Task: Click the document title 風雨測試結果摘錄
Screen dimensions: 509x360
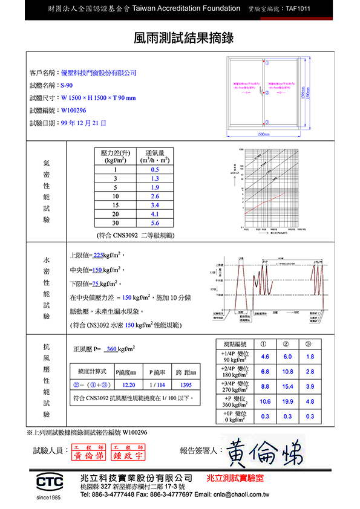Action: [180, 38]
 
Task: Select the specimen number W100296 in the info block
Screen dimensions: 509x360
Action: [74, 110]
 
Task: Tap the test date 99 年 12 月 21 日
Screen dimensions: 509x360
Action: [83, 123]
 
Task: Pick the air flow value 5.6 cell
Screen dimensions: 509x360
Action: [155, 222]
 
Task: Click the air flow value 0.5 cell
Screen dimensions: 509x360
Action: [155, 170]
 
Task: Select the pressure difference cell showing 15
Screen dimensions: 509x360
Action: [115, 205]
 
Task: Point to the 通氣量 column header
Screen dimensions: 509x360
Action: [155, 156]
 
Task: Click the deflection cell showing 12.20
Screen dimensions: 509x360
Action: [128, 384]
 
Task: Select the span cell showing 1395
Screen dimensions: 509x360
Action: [186, 384]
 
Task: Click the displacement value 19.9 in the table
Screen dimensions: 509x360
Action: [287, 401]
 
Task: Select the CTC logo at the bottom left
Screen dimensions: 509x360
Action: [50, 481]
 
